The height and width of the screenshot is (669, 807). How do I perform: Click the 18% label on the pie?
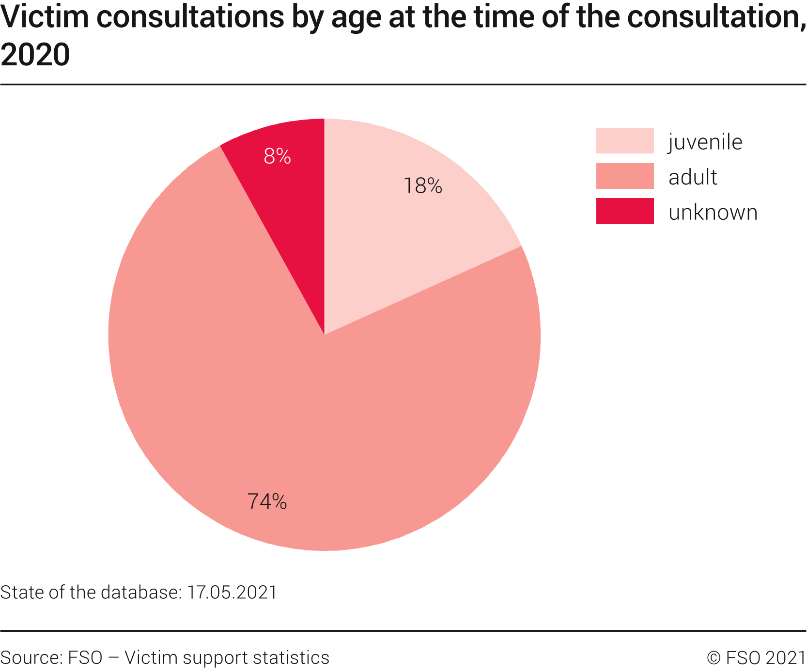pos(423,186)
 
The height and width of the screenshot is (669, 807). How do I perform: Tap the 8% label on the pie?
pos(277,156)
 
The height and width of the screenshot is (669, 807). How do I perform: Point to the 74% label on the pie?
pos(267,502)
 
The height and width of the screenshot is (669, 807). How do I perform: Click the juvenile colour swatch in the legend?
pos(624,141)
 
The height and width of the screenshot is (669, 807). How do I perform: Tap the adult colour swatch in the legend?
pos(624,176)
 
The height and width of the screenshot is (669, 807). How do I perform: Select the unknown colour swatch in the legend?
pos(624,211)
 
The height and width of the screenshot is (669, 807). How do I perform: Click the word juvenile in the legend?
pos(705,142)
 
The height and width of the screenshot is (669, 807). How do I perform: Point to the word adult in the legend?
pos(693,177)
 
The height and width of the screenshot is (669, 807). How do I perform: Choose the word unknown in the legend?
pos(713,213)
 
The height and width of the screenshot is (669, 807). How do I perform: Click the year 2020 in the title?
pos(35,54)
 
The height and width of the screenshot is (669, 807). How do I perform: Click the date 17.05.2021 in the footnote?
pos(232,593)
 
